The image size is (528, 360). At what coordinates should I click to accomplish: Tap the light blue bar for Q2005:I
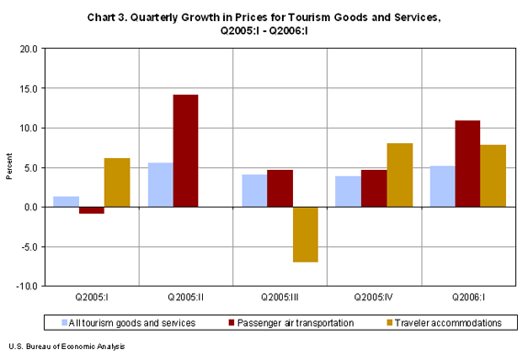click(66, 201)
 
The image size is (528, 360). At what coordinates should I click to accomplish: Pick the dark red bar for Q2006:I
click(466, 163)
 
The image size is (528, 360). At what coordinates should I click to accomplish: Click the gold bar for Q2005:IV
click(399, 174)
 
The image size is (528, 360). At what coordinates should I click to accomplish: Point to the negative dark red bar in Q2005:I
click(92, 210)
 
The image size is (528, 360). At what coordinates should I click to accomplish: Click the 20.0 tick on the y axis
click(28, 49)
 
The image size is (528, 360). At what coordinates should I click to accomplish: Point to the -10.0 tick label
click(26, 287)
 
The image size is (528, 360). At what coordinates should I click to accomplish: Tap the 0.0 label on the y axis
click(29, 208)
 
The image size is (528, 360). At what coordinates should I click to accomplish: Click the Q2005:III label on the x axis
click(279, 298)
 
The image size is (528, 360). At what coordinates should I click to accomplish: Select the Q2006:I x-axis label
click(466, 298)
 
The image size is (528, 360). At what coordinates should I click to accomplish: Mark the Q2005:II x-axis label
click(185, 298)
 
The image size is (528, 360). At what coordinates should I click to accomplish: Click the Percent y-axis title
click(8, 167)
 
